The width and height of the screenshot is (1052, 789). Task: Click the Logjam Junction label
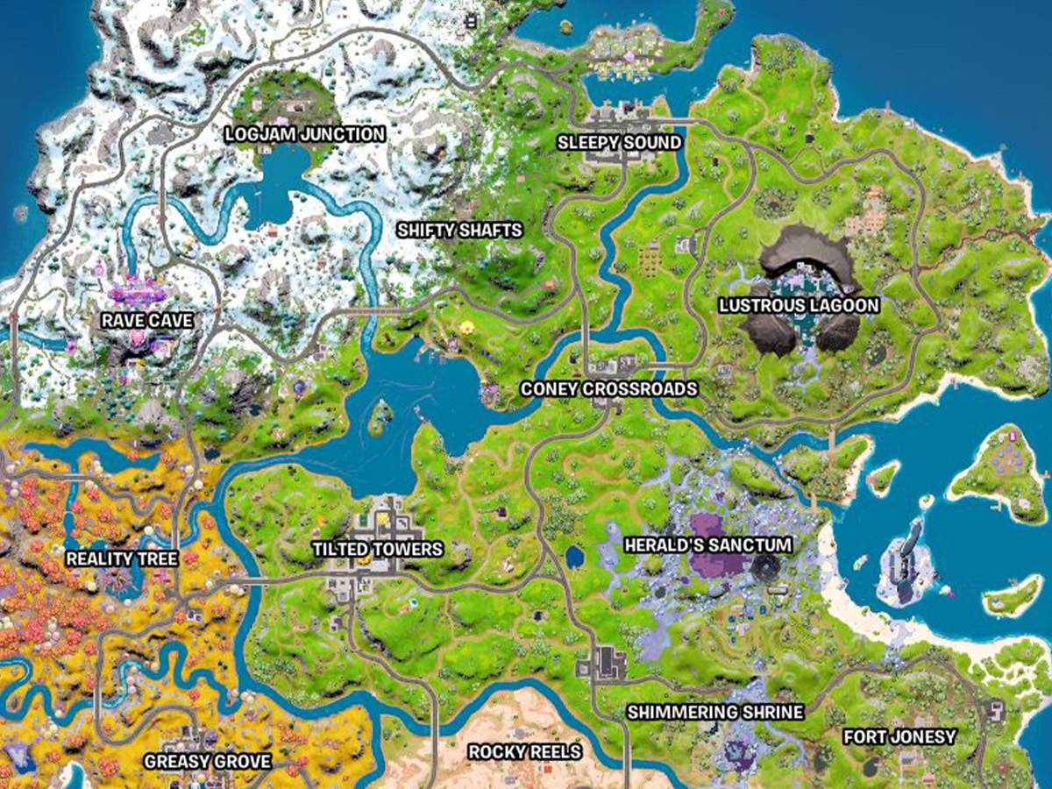click(304, 134)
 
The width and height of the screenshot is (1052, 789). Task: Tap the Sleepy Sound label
click(620, 142)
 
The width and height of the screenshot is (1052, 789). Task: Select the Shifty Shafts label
click(459, 231)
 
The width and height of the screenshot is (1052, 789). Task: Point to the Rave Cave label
click(146, 321)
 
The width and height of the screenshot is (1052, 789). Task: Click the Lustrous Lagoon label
click(799, 305)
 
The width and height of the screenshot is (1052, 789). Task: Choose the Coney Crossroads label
click(608, 388)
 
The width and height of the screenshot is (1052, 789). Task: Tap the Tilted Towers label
click(378, 549)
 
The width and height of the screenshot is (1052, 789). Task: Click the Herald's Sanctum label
click(707, 545)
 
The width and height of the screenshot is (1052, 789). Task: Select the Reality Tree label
click(122, 558)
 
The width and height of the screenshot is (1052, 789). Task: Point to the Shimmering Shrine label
click(714, 711)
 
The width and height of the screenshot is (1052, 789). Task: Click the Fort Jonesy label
click(899, 736)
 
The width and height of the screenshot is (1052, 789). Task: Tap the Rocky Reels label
click(524, 751)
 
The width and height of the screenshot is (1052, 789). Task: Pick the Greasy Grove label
click(207, 760)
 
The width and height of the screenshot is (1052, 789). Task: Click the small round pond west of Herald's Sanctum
click(576, 556)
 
